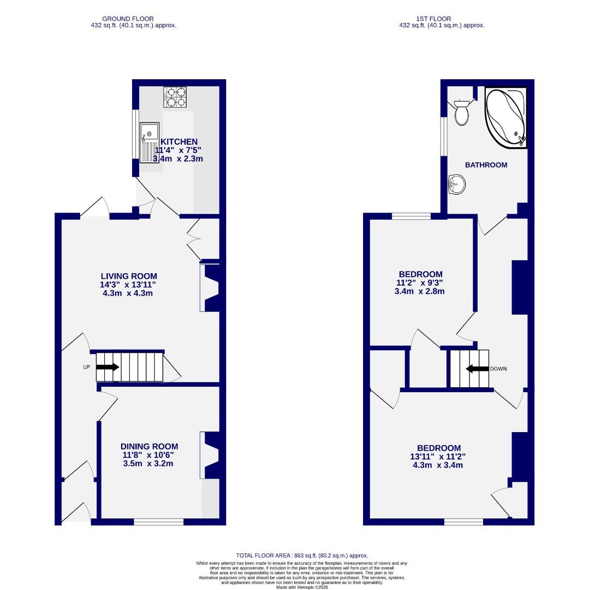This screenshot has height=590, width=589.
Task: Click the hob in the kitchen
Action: (175, 97)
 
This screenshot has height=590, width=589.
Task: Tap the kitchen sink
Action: (149, 142)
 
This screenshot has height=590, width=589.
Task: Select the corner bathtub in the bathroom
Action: (506, 117)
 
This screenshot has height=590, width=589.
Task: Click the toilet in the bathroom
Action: (461, 113)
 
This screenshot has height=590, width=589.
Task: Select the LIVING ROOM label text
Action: (129, 276)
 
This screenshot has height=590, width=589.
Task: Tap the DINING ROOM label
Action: (149, 446)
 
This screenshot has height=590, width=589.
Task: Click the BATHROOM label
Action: (486, 164)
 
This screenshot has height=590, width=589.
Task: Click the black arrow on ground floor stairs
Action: (107, 367)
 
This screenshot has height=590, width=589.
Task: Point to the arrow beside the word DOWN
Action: (477, 369)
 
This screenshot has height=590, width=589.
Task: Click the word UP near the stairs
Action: (86, 367)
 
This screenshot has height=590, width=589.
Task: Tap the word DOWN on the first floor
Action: (498, 369)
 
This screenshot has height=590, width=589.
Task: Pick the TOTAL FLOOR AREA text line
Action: (302, 554)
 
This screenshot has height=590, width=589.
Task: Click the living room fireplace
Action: (210, 288)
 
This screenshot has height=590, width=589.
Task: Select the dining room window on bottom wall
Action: (159, 522)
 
